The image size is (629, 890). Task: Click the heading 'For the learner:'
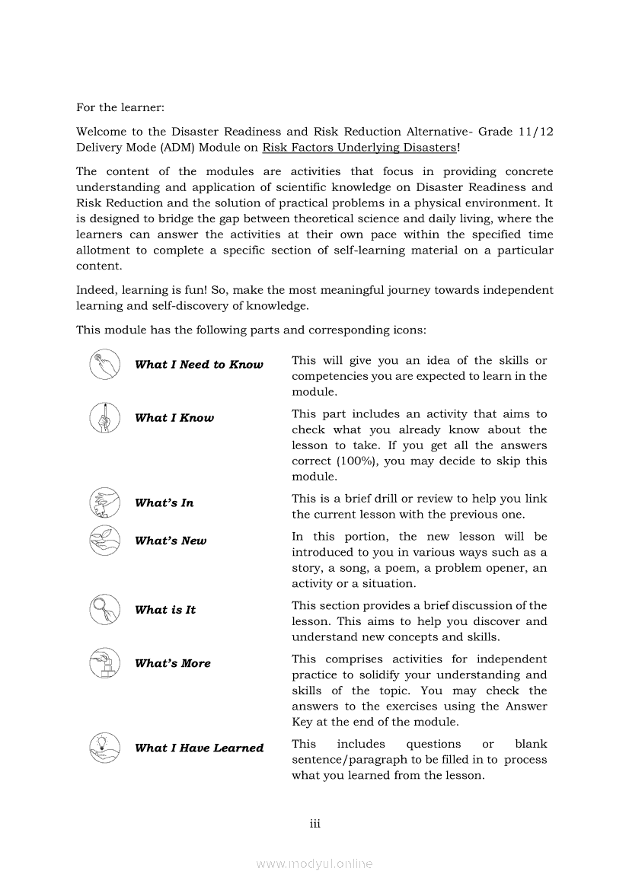120,107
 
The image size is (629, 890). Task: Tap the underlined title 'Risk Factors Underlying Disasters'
359,147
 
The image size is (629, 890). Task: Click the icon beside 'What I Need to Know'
105,365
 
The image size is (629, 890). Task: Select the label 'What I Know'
174,418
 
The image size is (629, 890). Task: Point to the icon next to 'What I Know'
105,418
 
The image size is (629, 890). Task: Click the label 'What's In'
164,503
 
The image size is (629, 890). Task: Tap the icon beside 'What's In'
105,503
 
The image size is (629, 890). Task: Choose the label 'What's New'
171,541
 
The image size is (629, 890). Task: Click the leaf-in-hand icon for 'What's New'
105,541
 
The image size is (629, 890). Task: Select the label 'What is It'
165,610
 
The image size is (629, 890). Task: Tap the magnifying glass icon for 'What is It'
105,609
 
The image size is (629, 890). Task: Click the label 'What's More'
173,664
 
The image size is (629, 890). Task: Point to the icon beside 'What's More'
105,663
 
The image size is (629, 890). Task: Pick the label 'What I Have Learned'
200,748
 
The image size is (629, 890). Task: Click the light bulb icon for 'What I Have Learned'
105,747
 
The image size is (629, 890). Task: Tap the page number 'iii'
314,824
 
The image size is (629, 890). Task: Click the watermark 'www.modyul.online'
314,863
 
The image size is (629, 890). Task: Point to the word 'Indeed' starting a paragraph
95,290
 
